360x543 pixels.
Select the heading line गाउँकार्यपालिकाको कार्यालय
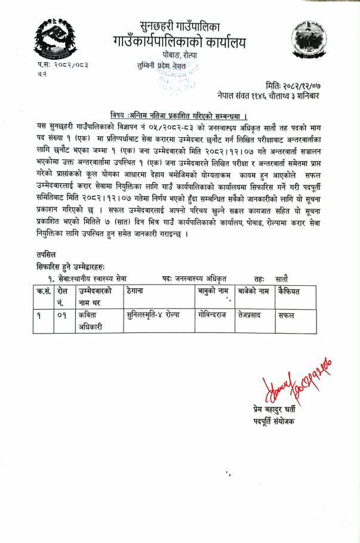(x=180, y=42)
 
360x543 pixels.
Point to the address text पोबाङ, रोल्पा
(x=180, y=56)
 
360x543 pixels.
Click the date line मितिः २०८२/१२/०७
(x=297, y=86)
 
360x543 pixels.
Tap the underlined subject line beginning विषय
(x=179, y=115)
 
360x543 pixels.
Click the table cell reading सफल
(x=286, y=315)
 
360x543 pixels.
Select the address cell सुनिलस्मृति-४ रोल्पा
(x=153, y=314)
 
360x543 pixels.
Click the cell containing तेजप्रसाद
(x=253, y=314)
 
